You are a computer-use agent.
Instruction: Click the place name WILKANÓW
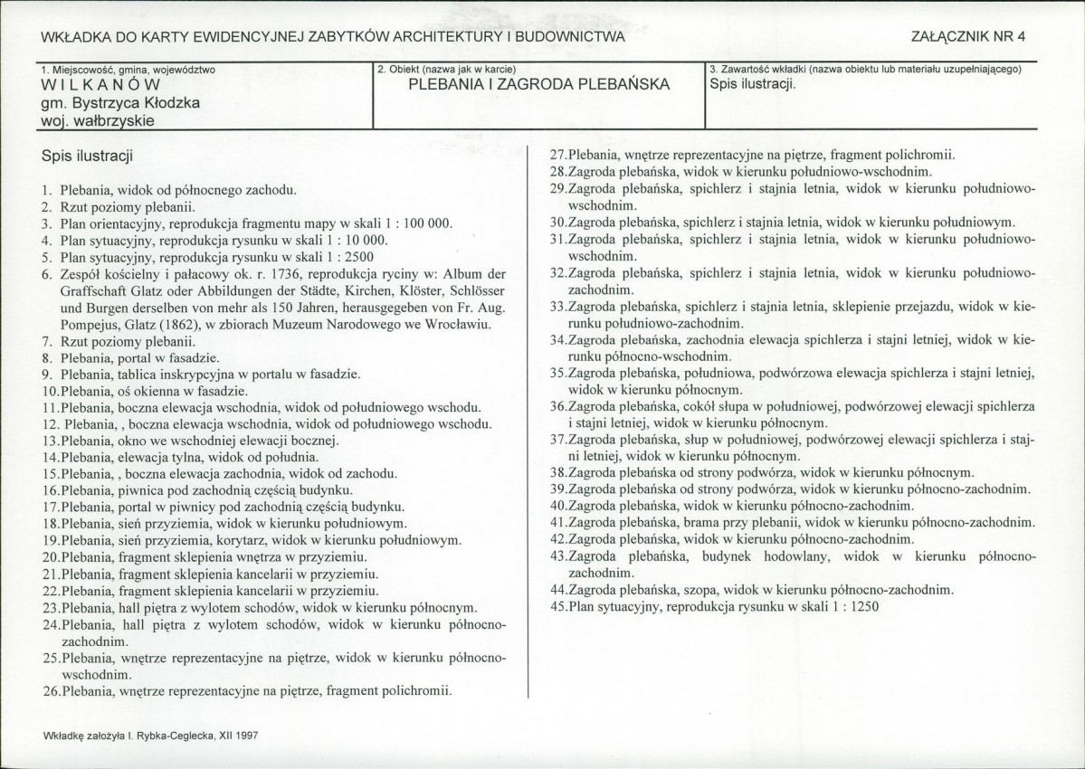click(x=88, y=85)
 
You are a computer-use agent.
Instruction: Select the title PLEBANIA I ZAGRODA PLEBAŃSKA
click(x=538, y=85)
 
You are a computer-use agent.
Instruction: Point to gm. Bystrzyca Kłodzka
click(x=120, y=103)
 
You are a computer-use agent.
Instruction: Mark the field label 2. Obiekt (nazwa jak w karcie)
click(x=447, y=70)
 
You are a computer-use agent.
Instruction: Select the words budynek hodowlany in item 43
click(x=753, y=555)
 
